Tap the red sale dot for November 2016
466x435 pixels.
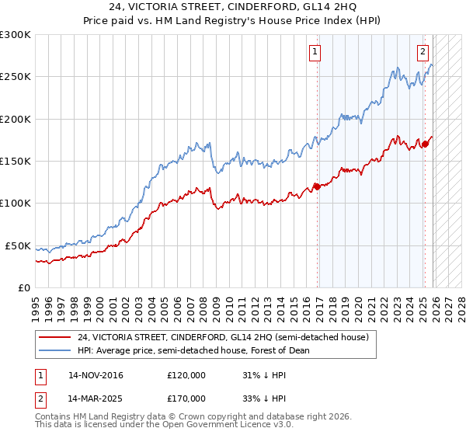(317, 186)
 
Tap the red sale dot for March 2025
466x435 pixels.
(425, 144)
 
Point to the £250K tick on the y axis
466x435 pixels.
(16, 77)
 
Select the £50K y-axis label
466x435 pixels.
(18, 245)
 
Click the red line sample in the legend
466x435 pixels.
(55, 337)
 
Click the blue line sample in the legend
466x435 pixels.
(55, 350)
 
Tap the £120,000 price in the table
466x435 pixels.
(186, 375)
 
